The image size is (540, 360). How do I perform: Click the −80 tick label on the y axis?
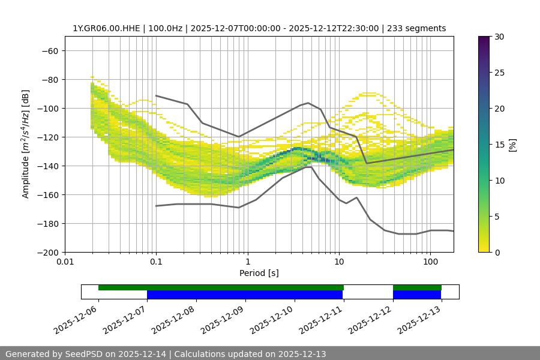49,79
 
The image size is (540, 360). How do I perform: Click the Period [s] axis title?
259,274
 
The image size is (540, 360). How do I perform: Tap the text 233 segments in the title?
416,28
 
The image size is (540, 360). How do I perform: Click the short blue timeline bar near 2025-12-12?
417,295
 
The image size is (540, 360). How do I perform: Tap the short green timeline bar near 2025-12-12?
417,287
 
